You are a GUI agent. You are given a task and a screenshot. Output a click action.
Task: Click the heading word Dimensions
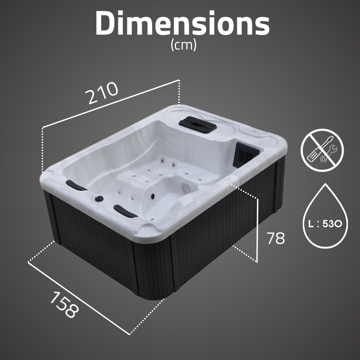182,23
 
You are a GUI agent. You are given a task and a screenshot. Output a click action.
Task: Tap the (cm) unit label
184,45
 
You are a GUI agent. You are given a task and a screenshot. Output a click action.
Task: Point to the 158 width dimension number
64,305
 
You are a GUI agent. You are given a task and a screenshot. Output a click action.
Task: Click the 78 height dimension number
275,238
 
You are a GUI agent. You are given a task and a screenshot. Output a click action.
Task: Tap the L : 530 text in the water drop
325,223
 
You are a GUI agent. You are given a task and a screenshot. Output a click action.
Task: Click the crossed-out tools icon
322,150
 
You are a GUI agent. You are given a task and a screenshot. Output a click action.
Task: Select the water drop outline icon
325,216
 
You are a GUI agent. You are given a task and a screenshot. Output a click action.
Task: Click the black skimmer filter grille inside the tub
245,153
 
